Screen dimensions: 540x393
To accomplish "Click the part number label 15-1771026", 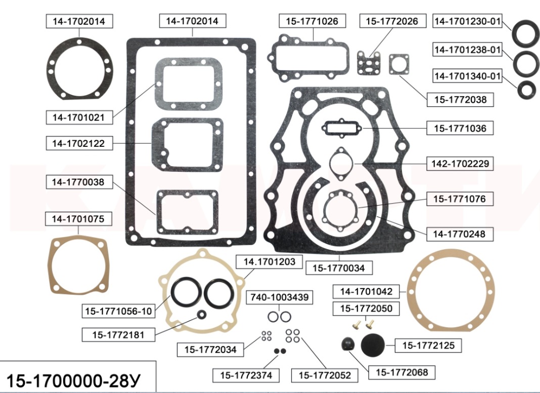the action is point(312,21).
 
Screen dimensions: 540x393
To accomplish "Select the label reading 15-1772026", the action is point(392,21).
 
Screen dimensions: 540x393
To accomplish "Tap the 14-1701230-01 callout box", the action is point(467,21).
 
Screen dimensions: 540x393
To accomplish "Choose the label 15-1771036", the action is point(460,128).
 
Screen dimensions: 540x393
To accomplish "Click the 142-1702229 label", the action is point(460,163).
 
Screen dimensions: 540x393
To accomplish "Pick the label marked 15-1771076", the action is point(460,199).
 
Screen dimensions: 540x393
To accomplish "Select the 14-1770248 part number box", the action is point(460,234).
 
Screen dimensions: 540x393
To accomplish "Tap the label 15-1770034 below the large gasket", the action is point(339,268).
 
